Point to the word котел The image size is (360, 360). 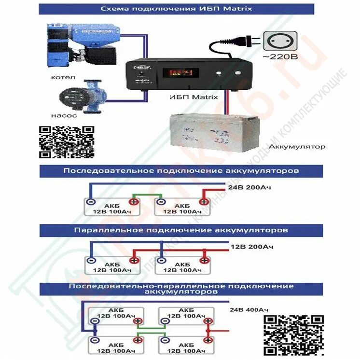pos(60,77)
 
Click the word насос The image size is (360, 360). pos(61,116)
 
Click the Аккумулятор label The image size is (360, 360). pos(296,146)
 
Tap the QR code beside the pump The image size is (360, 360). pos(66,142)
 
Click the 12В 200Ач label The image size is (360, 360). pos(251,247)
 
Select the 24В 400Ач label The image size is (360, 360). pos(249,309)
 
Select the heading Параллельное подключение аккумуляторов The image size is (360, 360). pos(181,230)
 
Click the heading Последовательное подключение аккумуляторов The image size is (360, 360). pos(181,171)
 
